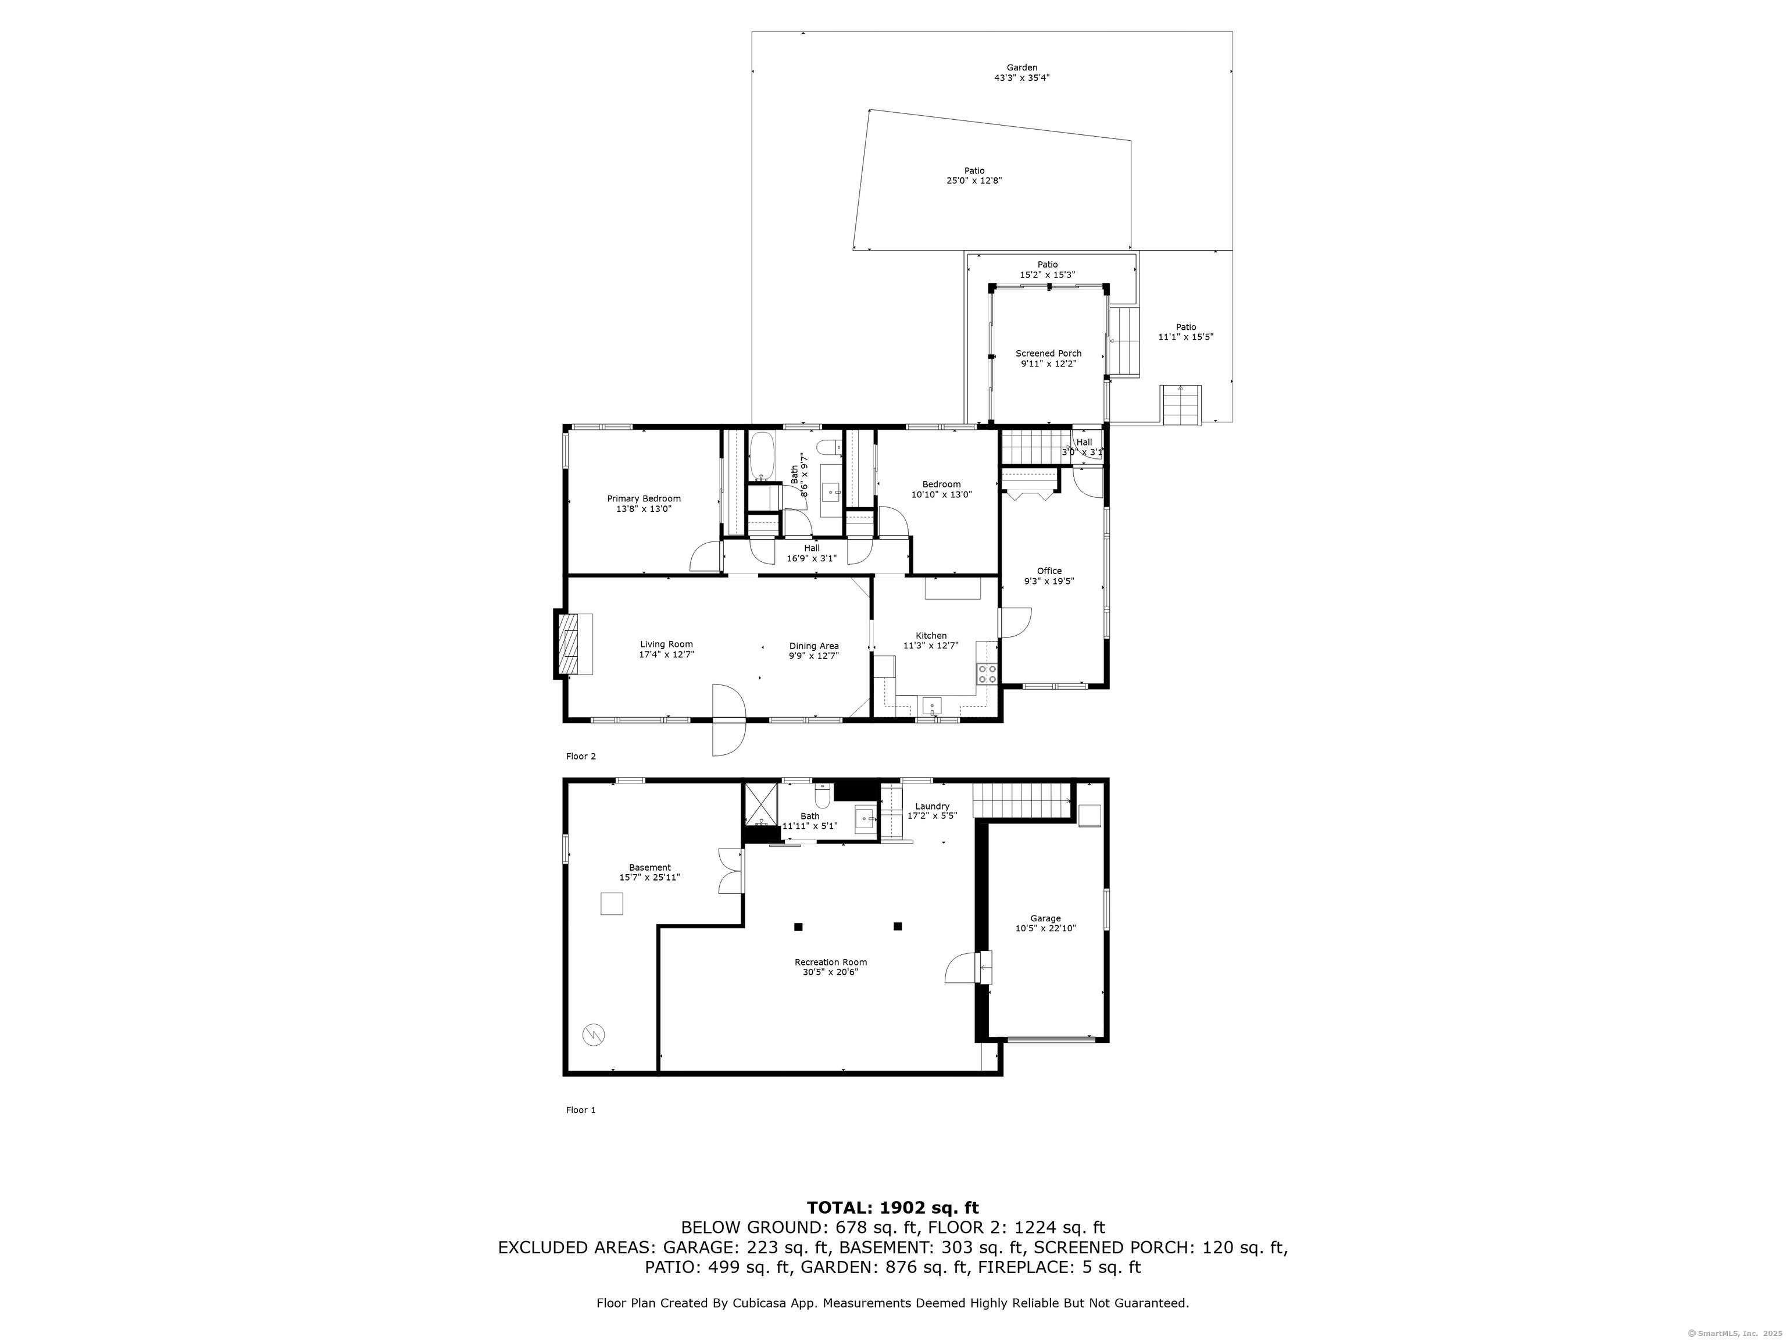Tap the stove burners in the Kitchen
click(987, 673)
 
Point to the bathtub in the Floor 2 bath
click(762, 457)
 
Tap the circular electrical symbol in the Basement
click(595, 1035)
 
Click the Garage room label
click(1045, 918)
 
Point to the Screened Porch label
click(1048, 353)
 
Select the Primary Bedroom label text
click(644, 498)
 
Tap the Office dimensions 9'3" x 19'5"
click(1049, 581)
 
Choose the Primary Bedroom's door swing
click(705, 557)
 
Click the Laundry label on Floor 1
click(932, 806)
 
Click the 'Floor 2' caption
click(581, 756)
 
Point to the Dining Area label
click(814, 646)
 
